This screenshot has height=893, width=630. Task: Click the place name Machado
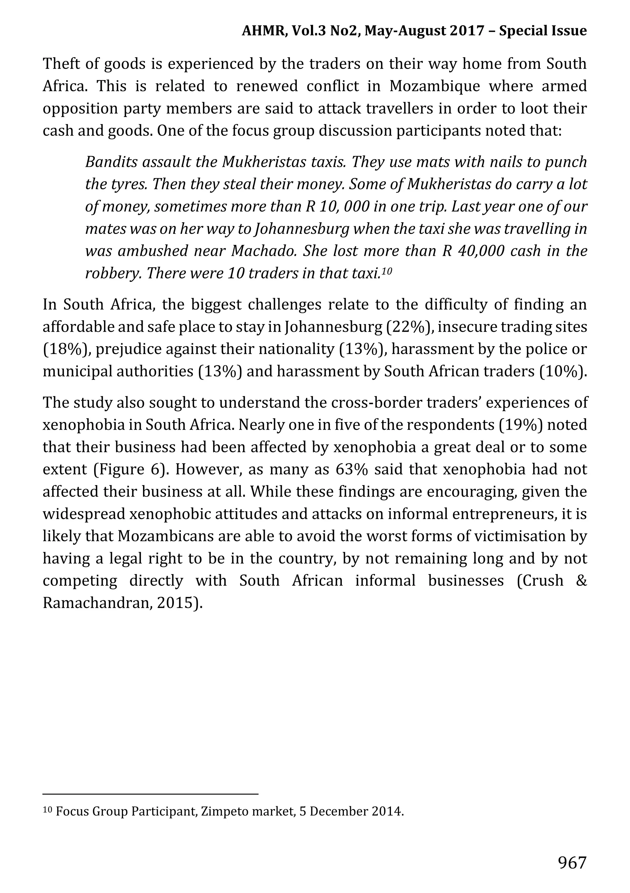(264, 251)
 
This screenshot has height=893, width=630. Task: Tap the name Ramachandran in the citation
(96, 603)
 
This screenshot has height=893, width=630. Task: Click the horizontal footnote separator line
(150, 794)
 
